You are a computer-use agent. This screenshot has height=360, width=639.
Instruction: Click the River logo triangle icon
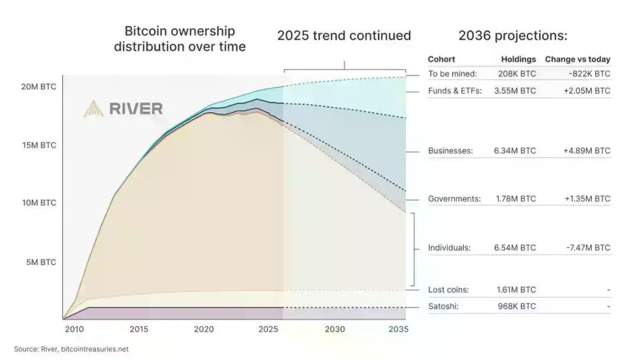point(93,108)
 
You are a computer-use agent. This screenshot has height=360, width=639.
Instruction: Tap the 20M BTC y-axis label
point(40,86)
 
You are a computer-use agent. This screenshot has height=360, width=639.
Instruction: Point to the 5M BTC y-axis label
point(41,262)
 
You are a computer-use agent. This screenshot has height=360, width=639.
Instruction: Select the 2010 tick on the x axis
point(74,329)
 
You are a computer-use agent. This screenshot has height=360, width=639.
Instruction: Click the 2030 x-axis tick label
point(334,329)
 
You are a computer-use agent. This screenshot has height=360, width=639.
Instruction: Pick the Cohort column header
point(441,59)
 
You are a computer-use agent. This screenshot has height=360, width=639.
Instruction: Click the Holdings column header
point(518,59)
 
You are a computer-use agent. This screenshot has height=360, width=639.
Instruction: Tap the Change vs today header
point(577,59)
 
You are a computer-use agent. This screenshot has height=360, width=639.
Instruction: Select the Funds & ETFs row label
point(455,91)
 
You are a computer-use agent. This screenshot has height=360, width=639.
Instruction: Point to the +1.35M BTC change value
point(586,199)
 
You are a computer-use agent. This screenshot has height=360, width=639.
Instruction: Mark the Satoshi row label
point(443,307)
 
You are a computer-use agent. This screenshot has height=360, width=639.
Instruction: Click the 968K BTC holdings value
point(517,307)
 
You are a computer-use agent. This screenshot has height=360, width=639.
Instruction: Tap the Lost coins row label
point(448,290)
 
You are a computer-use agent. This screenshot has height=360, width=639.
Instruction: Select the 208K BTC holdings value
point(517,74)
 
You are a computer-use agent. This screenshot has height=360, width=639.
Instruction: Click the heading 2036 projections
point(512,36)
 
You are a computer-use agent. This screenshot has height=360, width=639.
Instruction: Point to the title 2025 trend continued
point(344,36)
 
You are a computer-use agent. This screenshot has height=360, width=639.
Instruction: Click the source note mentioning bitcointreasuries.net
point(72,349)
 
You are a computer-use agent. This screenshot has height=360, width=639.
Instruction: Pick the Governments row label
point(454,199)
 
